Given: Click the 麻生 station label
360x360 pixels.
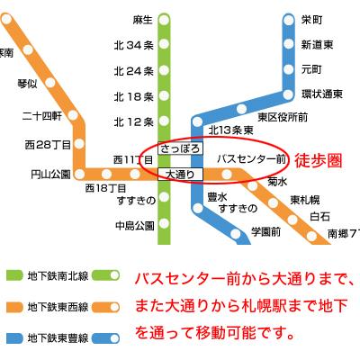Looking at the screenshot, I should [142, 19].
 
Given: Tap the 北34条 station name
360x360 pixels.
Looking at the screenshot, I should [134, 46].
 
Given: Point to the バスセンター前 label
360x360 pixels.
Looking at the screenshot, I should [251, 158].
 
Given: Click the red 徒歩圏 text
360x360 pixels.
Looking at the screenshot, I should [315, 158].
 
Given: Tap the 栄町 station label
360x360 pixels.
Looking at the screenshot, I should [311, 19].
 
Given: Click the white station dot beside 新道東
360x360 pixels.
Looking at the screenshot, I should [288, 43].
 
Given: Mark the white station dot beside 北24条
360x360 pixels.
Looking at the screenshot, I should [165, 71].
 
